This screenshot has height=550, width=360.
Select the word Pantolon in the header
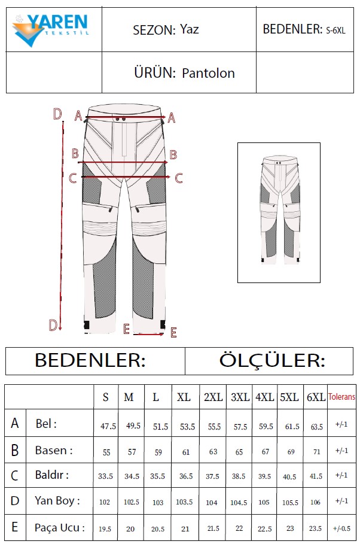click(x=208, y=74)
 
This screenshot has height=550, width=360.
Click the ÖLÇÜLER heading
click(x=272, y=361)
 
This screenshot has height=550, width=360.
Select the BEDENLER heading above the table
click(x=90, y=361)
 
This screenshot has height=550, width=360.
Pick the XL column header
click(x=184, y=397)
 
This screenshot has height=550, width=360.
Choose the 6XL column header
click(x=316, y=397)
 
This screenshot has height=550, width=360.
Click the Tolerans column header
click(x=341, y=397)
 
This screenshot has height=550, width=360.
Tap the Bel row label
click(x=46, y=424)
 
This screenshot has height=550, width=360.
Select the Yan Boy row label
click(x=57, y=500)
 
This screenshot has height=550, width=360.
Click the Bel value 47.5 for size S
click(x=108, y=426)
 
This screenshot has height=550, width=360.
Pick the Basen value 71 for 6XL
click(x=316, y=452)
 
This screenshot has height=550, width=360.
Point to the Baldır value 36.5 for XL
click(x=186, y=477)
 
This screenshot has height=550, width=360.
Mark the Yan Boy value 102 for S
click(x=105, y=502)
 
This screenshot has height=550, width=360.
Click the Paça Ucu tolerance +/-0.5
click(x=341, y=527)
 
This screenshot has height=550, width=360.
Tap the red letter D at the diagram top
click(x=57, y=114)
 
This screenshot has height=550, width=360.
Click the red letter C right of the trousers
click(x=178, y=177)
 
